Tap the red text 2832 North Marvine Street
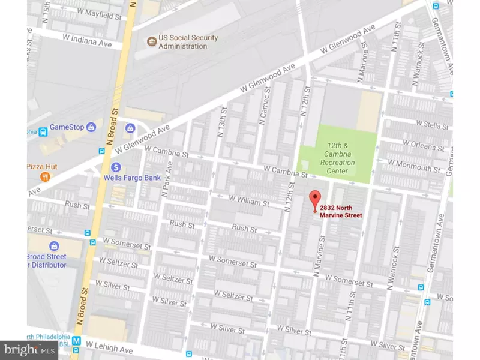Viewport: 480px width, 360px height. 341,212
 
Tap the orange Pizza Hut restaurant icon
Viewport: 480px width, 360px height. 44,176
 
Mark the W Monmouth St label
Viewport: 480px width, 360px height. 422,169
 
